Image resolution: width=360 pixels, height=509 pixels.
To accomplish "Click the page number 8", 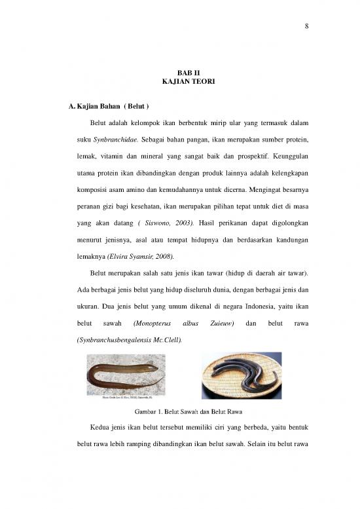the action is coord(306,26).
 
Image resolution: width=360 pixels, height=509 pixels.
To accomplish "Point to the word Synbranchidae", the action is coord(112,140).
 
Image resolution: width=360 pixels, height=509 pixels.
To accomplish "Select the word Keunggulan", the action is coord(285,157).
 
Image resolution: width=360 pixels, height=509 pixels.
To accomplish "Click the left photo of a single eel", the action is coord(126,375).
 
